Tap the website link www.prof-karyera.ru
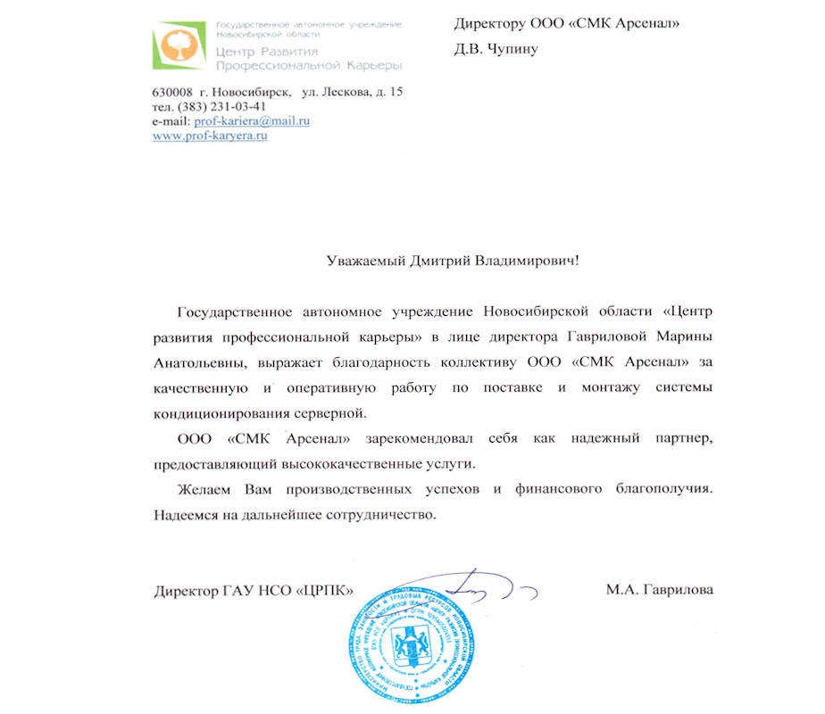click(x=211, y=136)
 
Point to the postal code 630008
click(x=172, y=93)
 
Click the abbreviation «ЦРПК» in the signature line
click(x=325, y=591)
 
